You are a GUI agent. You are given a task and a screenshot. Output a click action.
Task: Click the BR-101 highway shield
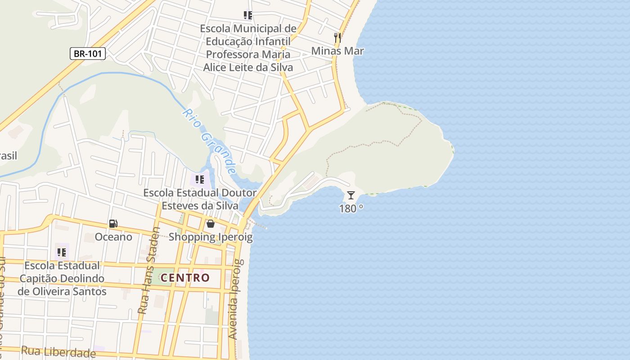(x=88, y=54)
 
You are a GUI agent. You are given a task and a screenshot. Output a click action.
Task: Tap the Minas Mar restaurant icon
(x=337, y=37)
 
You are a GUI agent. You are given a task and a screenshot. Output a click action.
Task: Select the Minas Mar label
(x=337, y=51)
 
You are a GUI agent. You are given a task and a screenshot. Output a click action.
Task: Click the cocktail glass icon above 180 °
(x=351, y=195)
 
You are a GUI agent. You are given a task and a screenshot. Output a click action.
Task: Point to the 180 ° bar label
(x=351, y=208)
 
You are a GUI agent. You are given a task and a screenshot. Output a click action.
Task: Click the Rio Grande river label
(x=210, y=141)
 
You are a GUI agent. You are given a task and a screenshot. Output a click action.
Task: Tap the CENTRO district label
(x=185, y=278)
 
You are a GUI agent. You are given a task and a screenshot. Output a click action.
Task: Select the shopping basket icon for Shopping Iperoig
(x=210, y=224)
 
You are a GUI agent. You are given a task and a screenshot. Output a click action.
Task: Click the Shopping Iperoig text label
(x=211, y=237)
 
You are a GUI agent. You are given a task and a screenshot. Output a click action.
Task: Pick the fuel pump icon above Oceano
(x=113, y=224)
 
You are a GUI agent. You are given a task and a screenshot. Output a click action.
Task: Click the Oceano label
(x=113, y=237)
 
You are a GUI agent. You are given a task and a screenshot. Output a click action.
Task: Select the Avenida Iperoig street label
(x=236, y=299)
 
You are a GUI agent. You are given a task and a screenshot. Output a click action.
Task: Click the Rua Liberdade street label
(x=58, y=351)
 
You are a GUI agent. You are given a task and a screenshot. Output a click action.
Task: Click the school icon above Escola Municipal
(x=247, y=16)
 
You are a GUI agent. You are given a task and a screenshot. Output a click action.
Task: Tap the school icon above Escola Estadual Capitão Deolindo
(x=62, y=252)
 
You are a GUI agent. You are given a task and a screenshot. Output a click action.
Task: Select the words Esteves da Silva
(x=200, y=206)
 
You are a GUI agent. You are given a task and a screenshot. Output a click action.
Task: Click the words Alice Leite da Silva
(x=248, y=67)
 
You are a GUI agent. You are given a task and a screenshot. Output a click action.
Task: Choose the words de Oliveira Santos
(x=62, y=291)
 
